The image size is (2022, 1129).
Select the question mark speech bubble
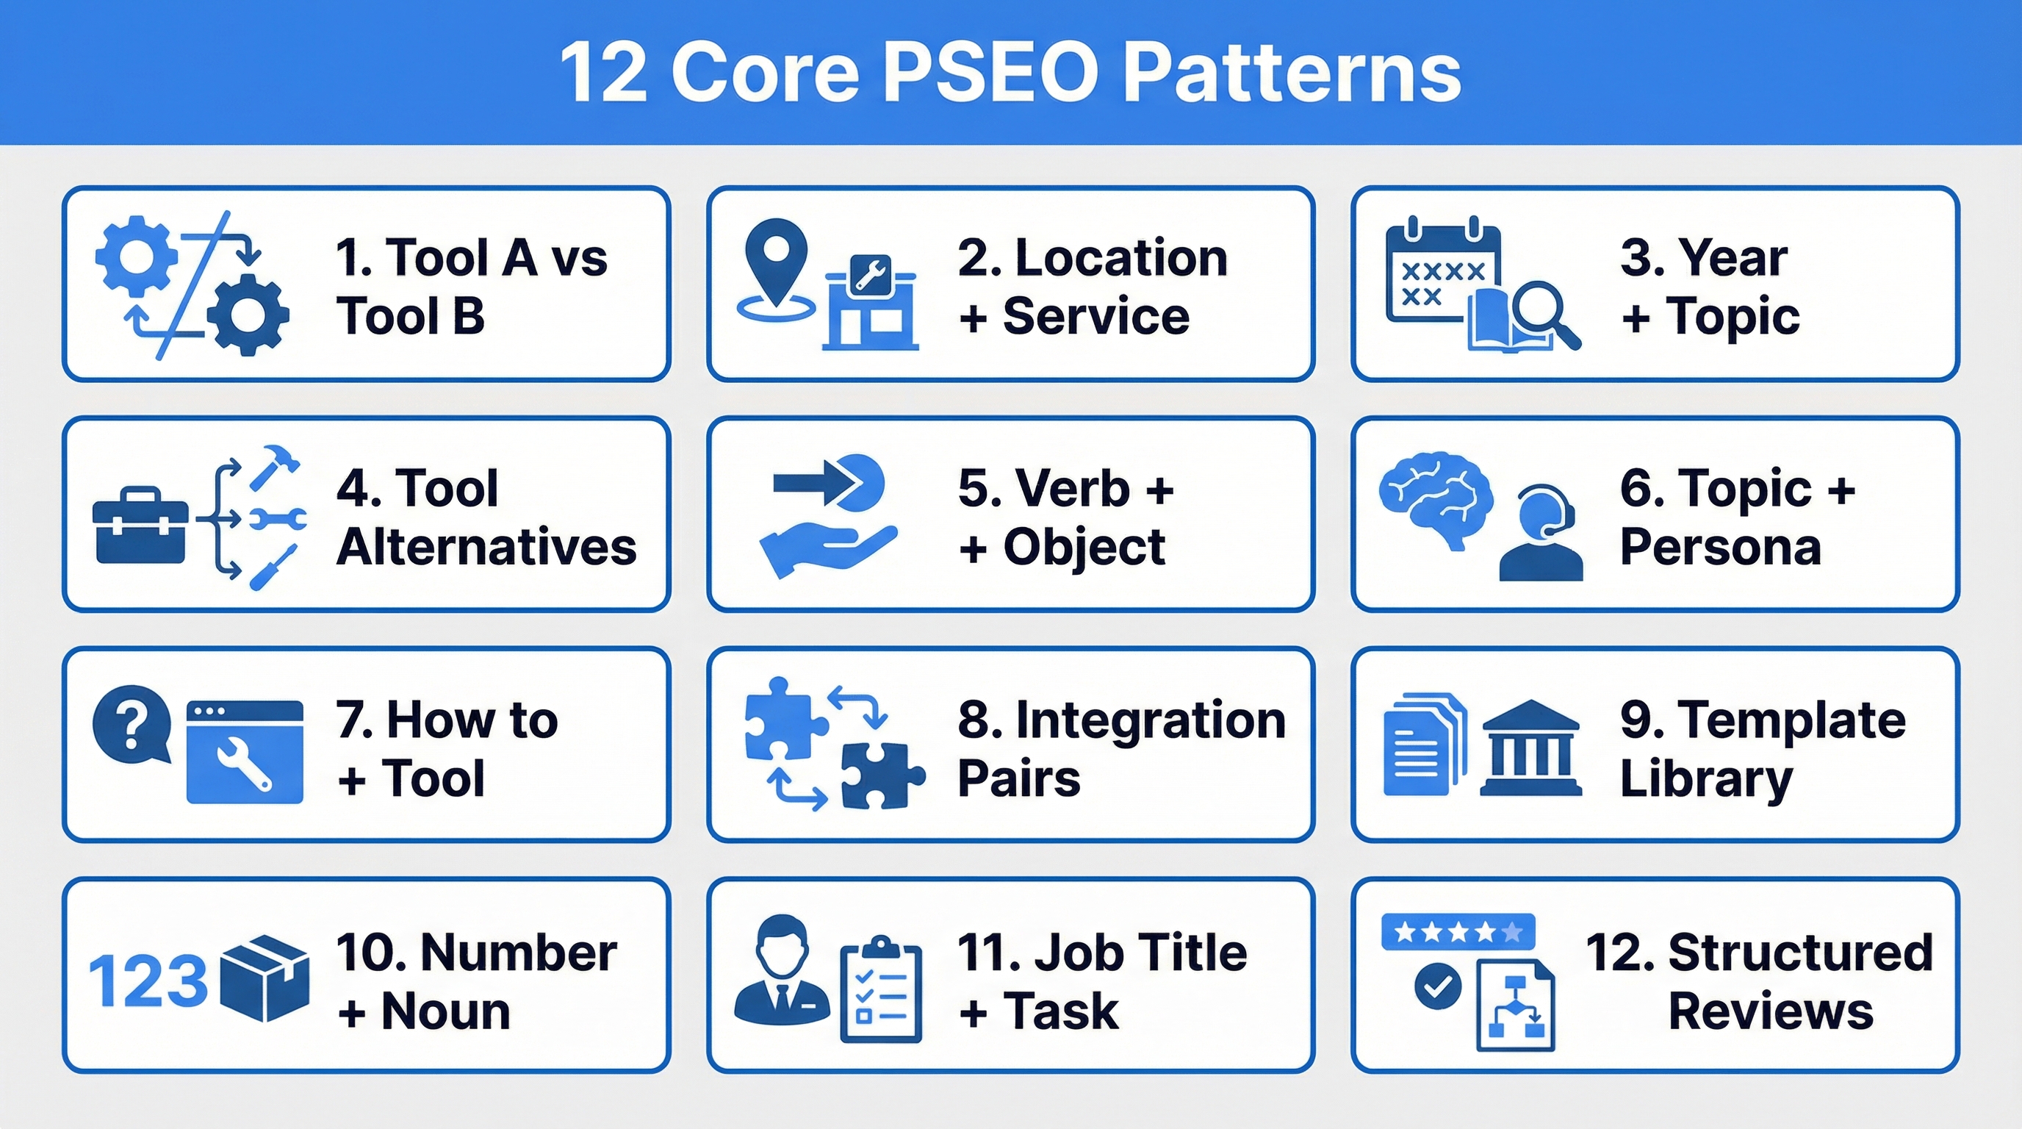[132, 723]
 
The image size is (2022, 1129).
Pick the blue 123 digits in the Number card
[148, 981]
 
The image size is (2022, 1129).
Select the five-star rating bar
[1458, 932]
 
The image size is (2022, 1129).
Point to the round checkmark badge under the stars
[1438, 987]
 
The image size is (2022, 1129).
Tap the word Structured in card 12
[1800, 953]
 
